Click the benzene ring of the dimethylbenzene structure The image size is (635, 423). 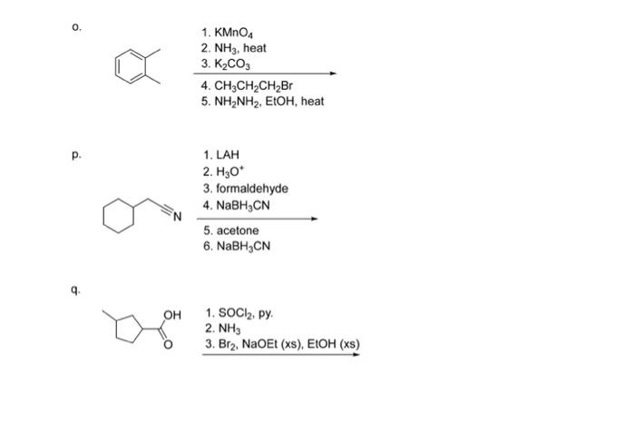click(x=132, y=66)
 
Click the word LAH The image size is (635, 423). click(x=227, y=156)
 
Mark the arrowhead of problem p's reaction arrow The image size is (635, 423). click(x=315, y=219)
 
